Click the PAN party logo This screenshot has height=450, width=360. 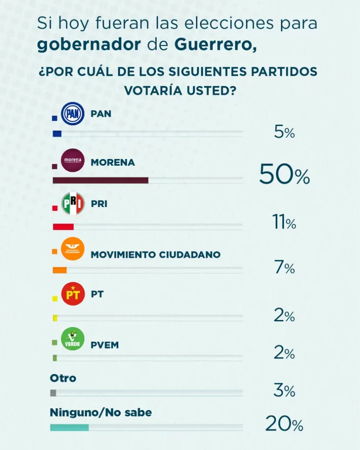[x=72, y=114]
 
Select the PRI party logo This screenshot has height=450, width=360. [x=73, y=204]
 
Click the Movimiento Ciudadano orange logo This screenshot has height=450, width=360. [x=73, y=249]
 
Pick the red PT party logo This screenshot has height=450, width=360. [x=73, y=294]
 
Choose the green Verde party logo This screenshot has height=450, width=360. [x=72, y=339]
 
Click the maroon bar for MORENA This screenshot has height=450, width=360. [x=100, y=180]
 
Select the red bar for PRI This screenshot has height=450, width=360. [x=63, y=227]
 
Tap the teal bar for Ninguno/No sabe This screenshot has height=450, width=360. [x=69, y=427]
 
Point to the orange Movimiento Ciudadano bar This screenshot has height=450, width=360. [x=59, y=270]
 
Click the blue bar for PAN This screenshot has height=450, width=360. [x=57, y=134]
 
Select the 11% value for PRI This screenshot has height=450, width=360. [x=284, y=223]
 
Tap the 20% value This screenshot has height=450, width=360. [x=284, y=425]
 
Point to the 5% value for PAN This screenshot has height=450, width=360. [x=284, y=132]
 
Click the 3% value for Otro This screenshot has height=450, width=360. [x=284, y=390]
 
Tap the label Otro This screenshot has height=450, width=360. [x=63, y=378]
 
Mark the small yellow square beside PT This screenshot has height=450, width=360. [x=55, y=298]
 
